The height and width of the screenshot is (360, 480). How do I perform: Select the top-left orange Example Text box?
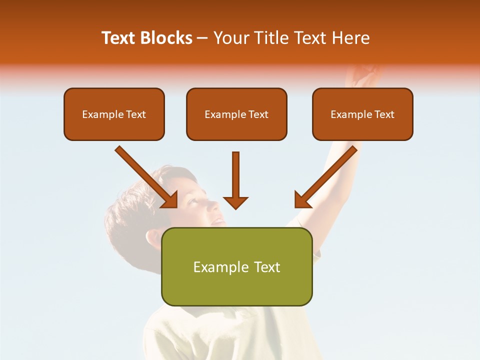pyautogui.click(x=114, y=114)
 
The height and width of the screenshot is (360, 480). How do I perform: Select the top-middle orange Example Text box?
pyautogui.click(x=236, y=114)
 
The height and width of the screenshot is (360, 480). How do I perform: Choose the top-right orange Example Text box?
pyautogui.click(x=362, y=114)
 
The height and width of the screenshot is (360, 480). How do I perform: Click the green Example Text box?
pyautogui.click(x=236, y=267)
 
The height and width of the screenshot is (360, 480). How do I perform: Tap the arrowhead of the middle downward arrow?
pyautogui.click(x=235, y=202)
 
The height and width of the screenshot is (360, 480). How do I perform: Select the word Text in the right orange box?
pyautogui.click(x=384, y=114)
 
